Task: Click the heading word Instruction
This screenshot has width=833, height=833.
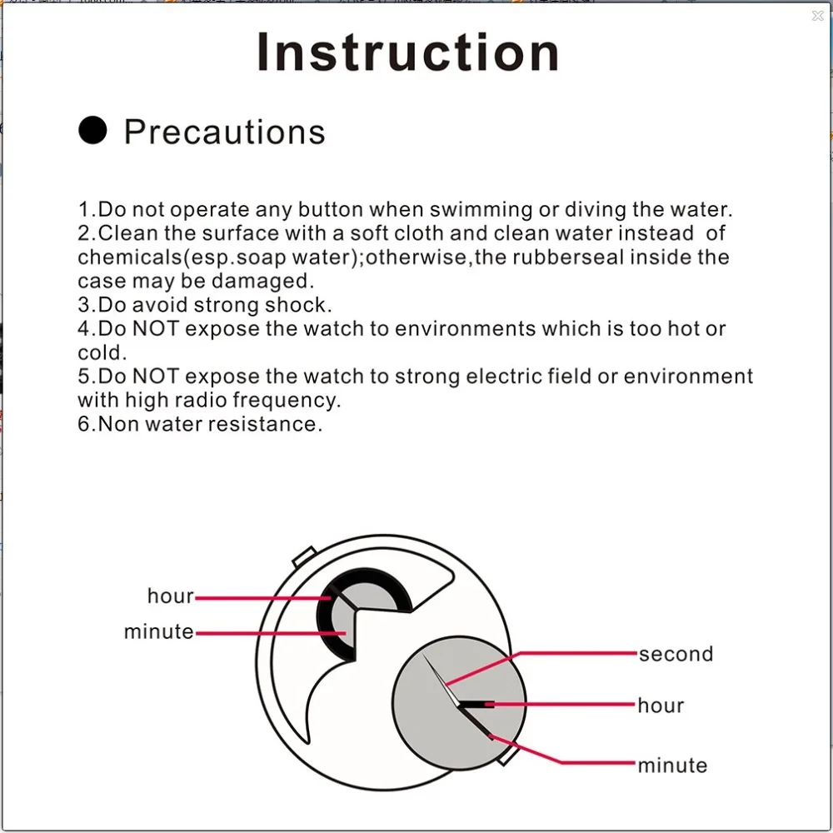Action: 407,52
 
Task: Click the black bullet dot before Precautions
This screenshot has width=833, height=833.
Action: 92,131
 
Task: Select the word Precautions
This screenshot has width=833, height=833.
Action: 224,132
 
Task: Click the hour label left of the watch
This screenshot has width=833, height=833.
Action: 170,596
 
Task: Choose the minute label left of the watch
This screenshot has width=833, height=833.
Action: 158,632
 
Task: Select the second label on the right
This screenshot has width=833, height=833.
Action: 676,655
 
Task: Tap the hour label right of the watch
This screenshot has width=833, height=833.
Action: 661,706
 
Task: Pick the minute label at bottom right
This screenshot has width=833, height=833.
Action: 672,766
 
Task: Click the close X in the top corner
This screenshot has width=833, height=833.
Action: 817,16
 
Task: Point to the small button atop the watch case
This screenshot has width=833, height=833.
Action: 303,554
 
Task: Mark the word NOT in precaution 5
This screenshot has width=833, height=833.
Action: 155,377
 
